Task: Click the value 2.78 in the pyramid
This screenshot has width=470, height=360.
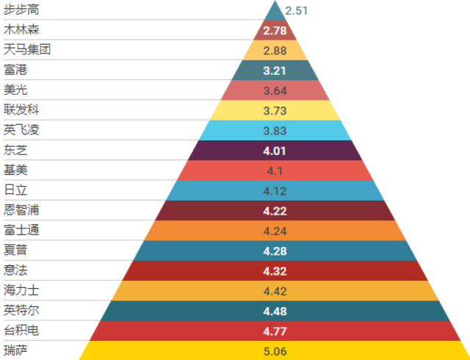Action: (x=275, y=30)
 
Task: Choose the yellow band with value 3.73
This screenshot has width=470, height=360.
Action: (x=275, y=111)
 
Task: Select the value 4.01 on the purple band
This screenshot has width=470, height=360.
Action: (x=275, y=151)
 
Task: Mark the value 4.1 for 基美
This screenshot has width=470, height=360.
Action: (x=275, y=171)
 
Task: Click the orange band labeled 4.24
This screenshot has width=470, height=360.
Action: (x=275, y=231)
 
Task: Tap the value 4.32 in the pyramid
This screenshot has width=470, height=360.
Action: (x=275, y=271)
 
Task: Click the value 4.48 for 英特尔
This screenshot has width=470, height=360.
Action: (x=275, y=311)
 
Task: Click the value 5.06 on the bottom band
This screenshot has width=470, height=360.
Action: (x=275, y=350)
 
